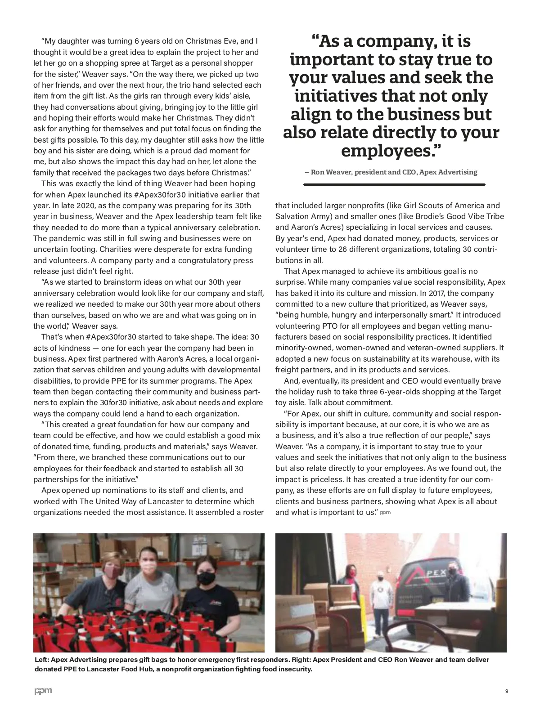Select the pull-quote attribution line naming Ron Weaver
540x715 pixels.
tap(391, 172)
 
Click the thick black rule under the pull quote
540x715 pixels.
tap(394, 184)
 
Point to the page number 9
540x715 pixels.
tap(506, 691)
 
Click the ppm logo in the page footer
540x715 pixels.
tap(43, 691)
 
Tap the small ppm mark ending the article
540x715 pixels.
tap(385, 513)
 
